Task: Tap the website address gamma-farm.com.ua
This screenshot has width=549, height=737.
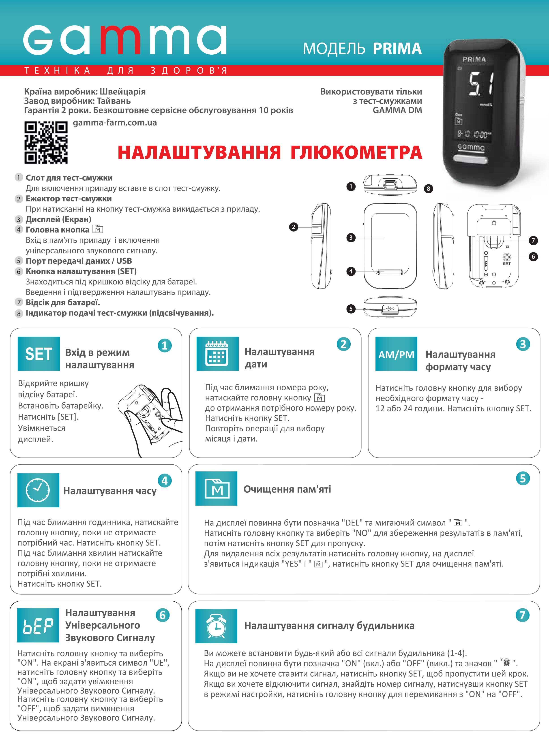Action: [x=115, y=123]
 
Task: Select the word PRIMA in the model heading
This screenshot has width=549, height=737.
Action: [x=397, y=49]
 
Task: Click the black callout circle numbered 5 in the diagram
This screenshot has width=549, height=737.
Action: [x=351, y=309]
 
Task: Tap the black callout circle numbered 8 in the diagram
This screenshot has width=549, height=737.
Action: [x=428, y=189]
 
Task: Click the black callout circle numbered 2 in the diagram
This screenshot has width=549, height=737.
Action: [x=293, y=227]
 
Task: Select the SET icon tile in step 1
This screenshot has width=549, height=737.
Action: [x=39, y=353]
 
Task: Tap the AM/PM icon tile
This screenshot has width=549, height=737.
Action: [x=396, y=353]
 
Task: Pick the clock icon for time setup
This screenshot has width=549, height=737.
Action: [x=38, y=490]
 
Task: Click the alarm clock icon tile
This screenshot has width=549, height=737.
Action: [x=216, y=626]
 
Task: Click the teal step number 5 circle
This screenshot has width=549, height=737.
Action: [x=523, y=478]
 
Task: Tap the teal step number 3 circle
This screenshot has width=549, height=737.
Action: [x=523, y=344]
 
